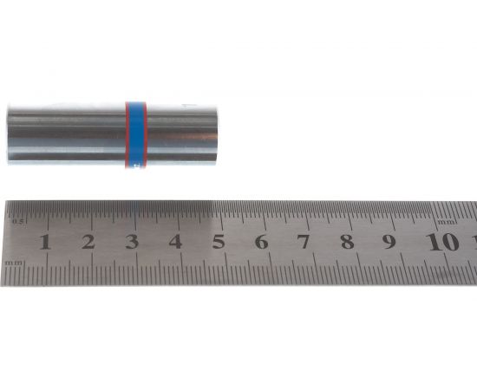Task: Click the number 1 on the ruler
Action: [45, 242]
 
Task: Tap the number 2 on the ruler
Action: [88, 242]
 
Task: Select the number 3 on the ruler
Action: [132, 242]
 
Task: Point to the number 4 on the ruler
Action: [175, 242]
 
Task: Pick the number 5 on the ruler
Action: [218, 242]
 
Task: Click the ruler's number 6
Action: [261, 242]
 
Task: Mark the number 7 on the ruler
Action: [304, 242]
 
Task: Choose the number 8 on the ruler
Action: [347, 242]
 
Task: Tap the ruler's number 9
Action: [389, 242]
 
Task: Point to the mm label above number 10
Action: [446, 222]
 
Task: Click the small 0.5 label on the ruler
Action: [15, 223]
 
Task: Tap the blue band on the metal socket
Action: [135, 134]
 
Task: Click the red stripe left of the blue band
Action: [127, 134]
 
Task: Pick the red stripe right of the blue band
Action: [145, 134]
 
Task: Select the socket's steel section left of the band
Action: [65, 134]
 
